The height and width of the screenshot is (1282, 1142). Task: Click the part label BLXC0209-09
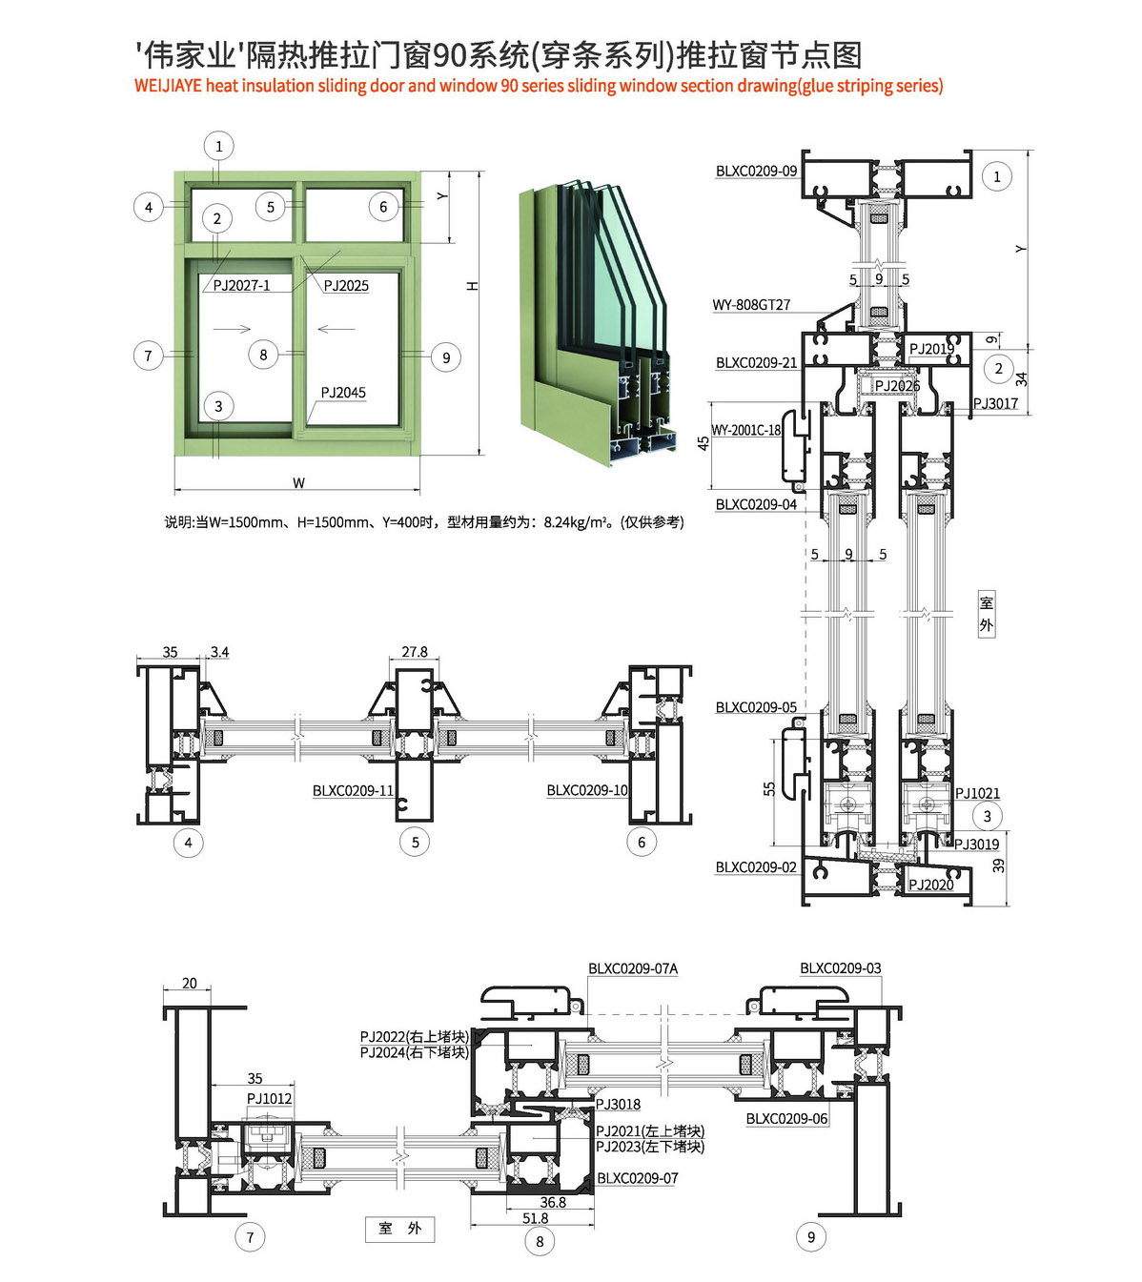756,171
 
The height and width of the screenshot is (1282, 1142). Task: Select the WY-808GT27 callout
751,305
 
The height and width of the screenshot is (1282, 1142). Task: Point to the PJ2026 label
897,385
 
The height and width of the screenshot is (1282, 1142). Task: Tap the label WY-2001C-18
745,430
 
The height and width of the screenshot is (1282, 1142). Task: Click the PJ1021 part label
977,793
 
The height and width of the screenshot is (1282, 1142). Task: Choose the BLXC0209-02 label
756,867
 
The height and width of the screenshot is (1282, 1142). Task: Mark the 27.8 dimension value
415,652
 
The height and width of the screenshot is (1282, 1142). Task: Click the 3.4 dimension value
219,652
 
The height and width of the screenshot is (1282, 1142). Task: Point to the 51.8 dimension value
535,1218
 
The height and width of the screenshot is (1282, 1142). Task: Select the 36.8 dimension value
553,1203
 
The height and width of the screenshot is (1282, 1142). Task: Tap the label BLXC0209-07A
633,968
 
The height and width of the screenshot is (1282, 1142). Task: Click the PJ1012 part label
269,1098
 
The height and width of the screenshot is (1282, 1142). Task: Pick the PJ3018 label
619,1104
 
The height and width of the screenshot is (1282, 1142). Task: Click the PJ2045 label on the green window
343,393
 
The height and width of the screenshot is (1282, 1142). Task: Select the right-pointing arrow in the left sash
232,330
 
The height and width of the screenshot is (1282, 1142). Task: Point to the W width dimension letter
298,482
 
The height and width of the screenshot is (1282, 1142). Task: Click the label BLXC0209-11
353,790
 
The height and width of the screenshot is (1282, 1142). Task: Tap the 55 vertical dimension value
769,788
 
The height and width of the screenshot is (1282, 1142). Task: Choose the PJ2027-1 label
241,285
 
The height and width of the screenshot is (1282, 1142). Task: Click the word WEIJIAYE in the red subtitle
168,86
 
